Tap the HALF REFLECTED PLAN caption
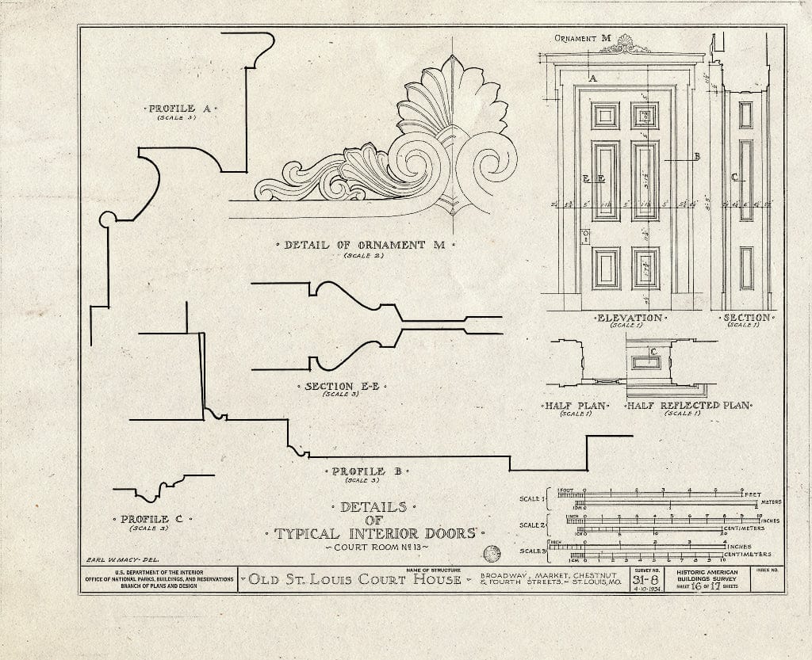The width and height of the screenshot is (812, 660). (x=689, y=406)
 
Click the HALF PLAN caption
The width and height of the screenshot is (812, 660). (x=576, y=406)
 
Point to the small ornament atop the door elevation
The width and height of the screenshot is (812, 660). (x=625, y=46)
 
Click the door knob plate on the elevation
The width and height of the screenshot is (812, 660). (x=586, y=236)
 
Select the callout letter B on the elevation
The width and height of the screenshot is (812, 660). (x=697, y=157)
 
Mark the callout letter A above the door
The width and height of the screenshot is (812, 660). (x=592, y=78)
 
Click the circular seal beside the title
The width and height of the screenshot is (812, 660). (x=492, y=553)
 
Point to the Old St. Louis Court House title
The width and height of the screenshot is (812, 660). (x=354, y=580)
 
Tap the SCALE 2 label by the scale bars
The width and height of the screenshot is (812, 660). (x=531, y=525)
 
